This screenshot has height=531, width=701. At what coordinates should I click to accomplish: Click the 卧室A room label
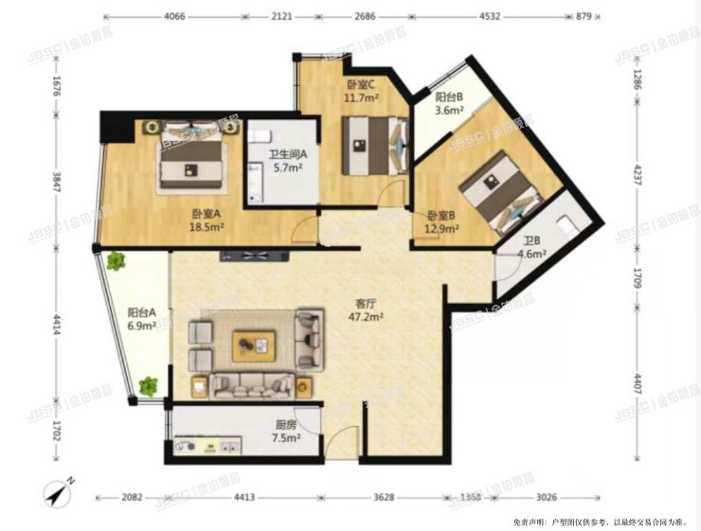(207, 221)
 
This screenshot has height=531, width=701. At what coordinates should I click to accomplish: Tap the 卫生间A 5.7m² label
(288, 161)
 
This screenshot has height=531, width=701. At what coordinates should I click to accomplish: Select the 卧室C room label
(361, 91)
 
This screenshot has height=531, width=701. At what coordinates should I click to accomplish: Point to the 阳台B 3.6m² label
(449, 103)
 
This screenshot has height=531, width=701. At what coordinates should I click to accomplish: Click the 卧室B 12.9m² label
(441, 222)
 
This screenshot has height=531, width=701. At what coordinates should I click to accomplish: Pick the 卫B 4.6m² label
(532, 248)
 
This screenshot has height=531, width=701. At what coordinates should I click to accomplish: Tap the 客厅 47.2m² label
(366, 310)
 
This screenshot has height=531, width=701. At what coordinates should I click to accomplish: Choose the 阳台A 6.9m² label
(142, 319)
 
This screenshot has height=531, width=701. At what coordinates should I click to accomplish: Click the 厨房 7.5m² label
(286, 432)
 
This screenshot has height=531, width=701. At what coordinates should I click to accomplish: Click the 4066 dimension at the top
(174, 16)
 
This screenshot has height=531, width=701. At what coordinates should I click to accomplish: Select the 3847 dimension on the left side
(57, 181)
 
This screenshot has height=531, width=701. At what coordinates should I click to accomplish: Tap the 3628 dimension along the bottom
(384, 497)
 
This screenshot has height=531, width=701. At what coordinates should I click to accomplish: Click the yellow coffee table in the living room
(254, 345)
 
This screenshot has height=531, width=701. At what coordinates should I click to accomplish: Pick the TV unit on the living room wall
(255, 256)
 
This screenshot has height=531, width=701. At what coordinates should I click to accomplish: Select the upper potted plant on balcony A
(116, 261)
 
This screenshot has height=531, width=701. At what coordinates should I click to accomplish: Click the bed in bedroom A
(191, 155)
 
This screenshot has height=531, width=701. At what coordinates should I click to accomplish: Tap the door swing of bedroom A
(304, 230)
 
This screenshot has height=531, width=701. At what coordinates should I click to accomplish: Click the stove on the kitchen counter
(185, 446)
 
